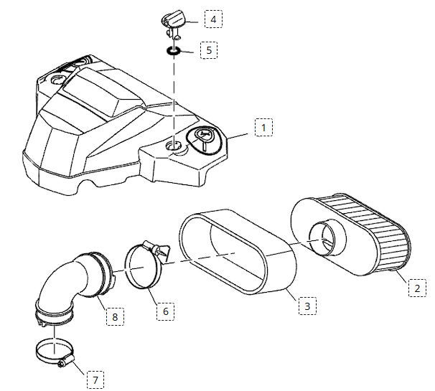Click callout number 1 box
pos(263,128)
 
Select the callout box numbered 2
pos(415,289)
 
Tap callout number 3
pos(307,306)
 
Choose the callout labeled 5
pos(209,50)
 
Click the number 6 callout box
pos(165,311)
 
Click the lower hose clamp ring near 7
pos(52,352)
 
